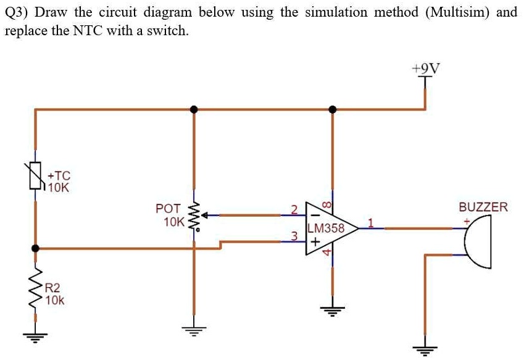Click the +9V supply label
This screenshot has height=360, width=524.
pyautogui.click(x=426, y=68)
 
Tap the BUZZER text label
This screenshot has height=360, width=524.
pyautogui.click(x=483, y=207)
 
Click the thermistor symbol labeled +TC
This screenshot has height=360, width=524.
pyautogui.click(x=35, y=175)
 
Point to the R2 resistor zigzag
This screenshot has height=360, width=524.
pyautogui.click(x=35, y=290)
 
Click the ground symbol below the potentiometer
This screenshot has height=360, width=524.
pyautogui.click(x=194, y=330)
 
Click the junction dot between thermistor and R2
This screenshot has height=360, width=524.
pyautogui.click(x=35, y=248)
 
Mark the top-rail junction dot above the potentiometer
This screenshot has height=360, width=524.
pyautogui.click(x=194, y=109)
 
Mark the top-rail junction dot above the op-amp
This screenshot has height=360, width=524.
pyautogui.click(x=333, y=109)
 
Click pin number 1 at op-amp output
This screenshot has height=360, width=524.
pyautogui.click(x=371, y=222)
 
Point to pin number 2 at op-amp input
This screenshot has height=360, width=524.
pyautogui.click(x=294, y=209)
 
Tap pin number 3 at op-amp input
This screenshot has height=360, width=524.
pyautogui.click(x=295, y=235)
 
